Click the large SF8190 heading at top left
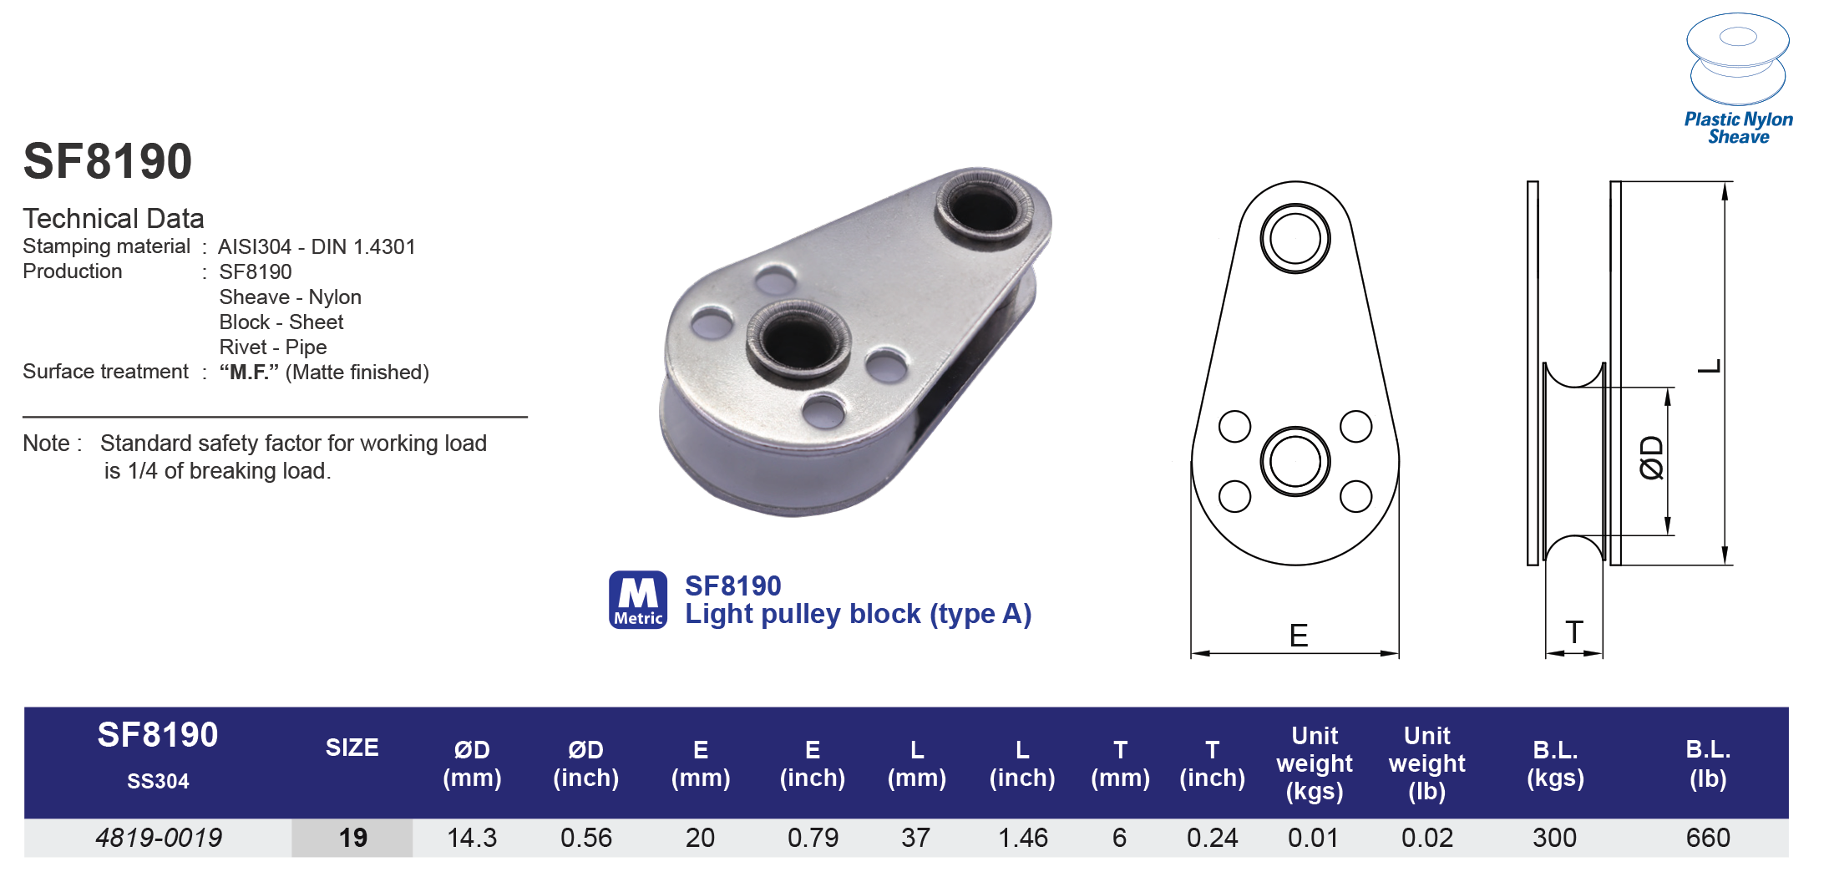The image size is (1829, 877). [x=108, y=161]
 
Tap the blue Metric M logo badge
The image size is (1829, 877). [x=638, y=600]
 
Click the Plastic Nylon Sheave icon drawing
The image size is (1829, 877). [x=1737, y=58]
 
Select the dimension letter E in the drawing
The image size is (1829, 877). [x=1298, y=636]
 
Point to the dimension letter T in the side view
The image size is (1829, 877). [x=1574, y=632]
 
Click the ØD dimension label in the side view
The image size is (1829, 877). [x=1651, y=458]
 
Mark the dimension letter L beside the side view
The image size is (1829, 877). [x=1710, y=366]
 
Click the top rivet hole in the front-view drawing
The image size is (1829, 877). [x=1294, y=239]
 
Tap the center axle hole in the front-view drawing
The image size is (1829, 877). [x=1294, y=461]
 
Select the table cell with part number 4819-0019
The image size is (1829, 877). [x=159, y=838]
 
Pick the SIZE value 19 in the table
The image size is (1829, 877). [x=352, y=838]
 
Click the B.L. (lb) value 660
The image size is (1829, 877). [x=1707, y=838]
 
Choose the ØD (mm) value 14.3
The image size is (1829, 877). [x=472, y=838]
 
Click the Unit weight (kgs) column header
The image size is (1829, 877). [x=1314, y=763]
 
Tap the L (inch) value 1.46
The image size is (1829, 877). [x=1022, y=838]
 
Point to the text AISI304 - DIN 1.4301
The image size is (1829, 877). [x=317, y=247]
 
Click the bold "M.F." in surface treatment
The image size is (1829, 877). [x=249, y=373]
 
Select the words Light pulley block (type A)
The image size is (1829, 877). [x=858, y=614]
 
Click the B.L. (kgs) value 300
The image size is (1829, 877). [x=1554, y=838]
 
